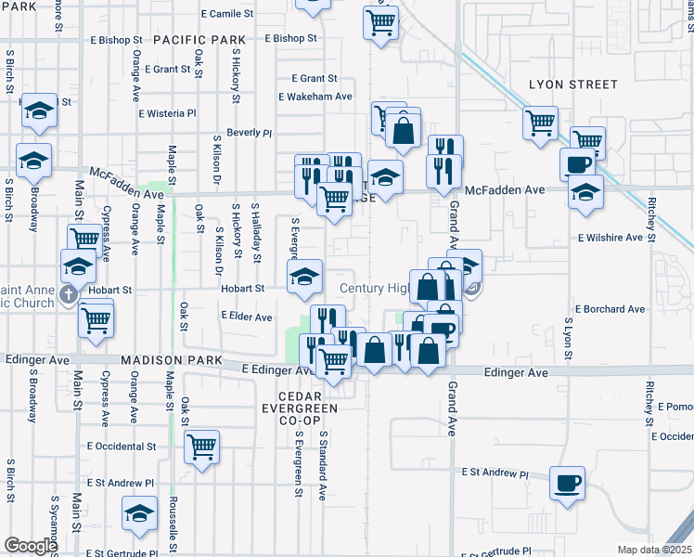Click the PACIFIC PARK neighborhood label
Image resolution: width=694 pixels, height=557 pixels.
pyautogui.click(x=199, y=40)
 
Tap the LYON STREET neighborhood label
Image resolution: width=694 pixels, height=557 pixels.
pyautogui.click(x=572, y=84)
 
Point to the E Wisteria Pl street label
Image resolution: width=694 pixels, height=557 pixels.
pyautogui.click(x=168, y=114)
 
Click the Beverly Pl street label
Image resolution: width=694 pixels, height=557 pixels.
pyautogui.click(x=249, y=133)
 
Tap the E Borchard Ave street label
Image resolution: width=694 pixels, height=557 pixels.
pyautogui.click(x=610, y=309)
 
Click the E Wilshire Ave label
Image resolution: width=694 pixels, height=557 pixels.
pyautogui.click(x=610, y=238)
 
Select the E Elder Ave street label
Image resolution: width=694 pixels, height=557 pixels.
pyautogui.click(x=247, y=317)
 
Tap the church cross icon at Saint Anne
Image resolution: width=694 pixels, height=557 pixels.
pyautogui.click(x=68, y=294)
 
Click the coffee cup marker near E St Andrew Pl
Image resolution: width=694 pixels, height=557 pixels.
pyautogui.click(x=567, y=484)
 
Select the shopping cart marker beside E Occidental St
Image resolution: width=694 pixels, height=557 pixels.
pyautogui.click(x=201, y=447)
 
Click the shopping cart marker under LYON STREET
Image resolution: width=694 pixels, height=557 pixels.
pyautogui.click(x=540, y=122)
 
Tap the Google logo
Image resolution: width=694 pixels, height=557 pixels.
pyautogui.click(x=30, y=546)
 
